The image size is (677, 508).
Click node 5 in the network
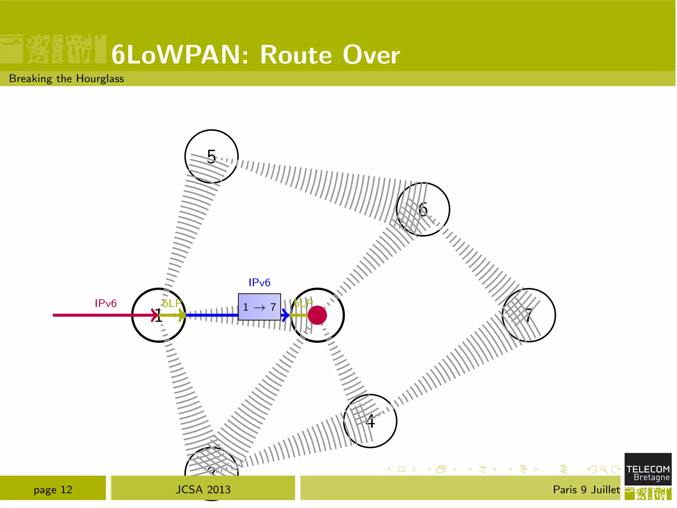pos(211,156)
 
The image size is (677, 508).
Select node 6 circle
pos(423,209)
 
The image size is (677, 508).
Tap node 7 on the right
pos(529,315)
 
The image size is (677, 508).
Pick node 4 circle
pos(370,421)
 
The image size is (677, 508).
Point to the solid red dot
pos(317,315)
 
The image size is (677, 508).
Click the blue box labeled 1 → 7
pos(259,307)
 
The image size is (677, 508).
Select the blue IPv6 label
pos(259,282)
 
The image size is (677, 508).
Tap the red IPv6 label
pos(105,303)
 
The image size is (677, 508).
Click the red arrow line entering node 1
pos(99,315)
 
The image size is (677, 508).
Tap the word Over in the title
pos(371,55)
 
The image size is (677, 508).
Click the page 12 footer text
pos(53,489)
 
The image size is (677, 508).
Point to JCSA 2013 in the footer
pos(203,489)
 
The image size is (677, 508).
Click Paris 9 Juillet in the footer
pos(586,489)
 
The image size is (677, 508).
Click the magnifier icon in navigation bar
pos(604,469)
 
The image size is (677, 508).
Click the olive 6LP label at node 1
pos(172,303)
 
